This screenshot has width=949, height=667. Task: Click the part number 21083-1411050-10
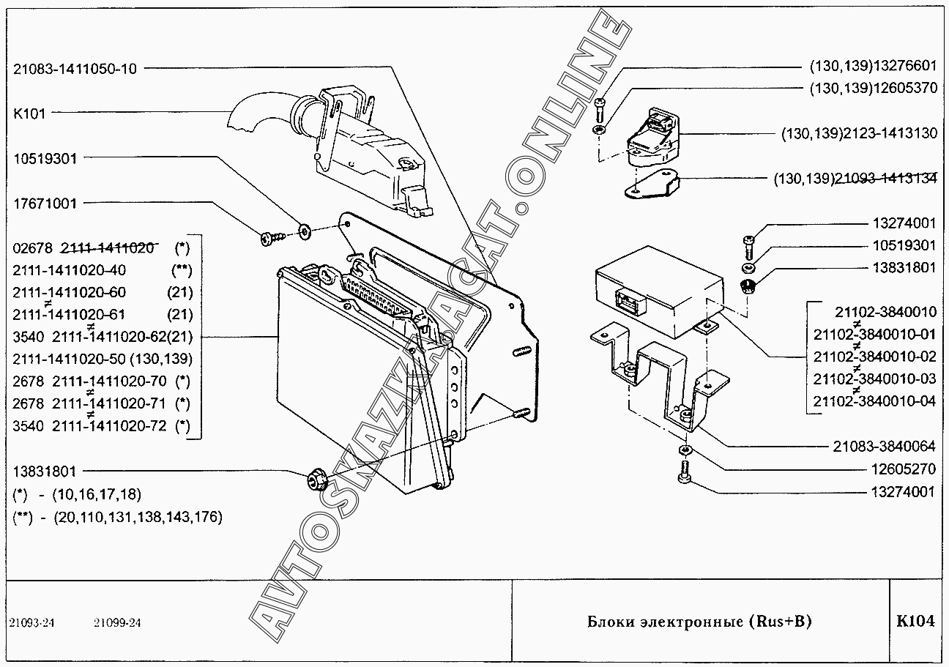(x=75, y=68)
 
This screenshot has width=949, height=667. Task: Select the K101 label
(x=29, y=113)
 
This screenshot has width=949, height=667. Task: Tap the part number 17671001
(x=45, y=204)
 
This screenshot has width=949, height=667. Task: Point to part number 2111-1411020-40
(x=70, y=270)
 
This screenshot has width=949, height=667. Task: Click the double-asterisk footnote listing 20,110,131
(x=118, y=517)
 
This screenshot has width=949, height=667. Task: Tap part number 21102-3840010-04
(x=874, y=401)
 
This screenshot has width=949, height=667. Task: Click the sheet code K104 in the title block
(x=915, y=622)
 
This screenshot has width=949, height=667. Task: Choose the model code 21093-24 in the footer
(x=32, y=623)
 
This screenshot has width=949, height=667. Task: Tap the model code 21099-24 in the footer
(x=117, y=623)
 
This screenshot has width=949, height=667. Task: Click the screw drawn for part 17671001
(x=270, y=237)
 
